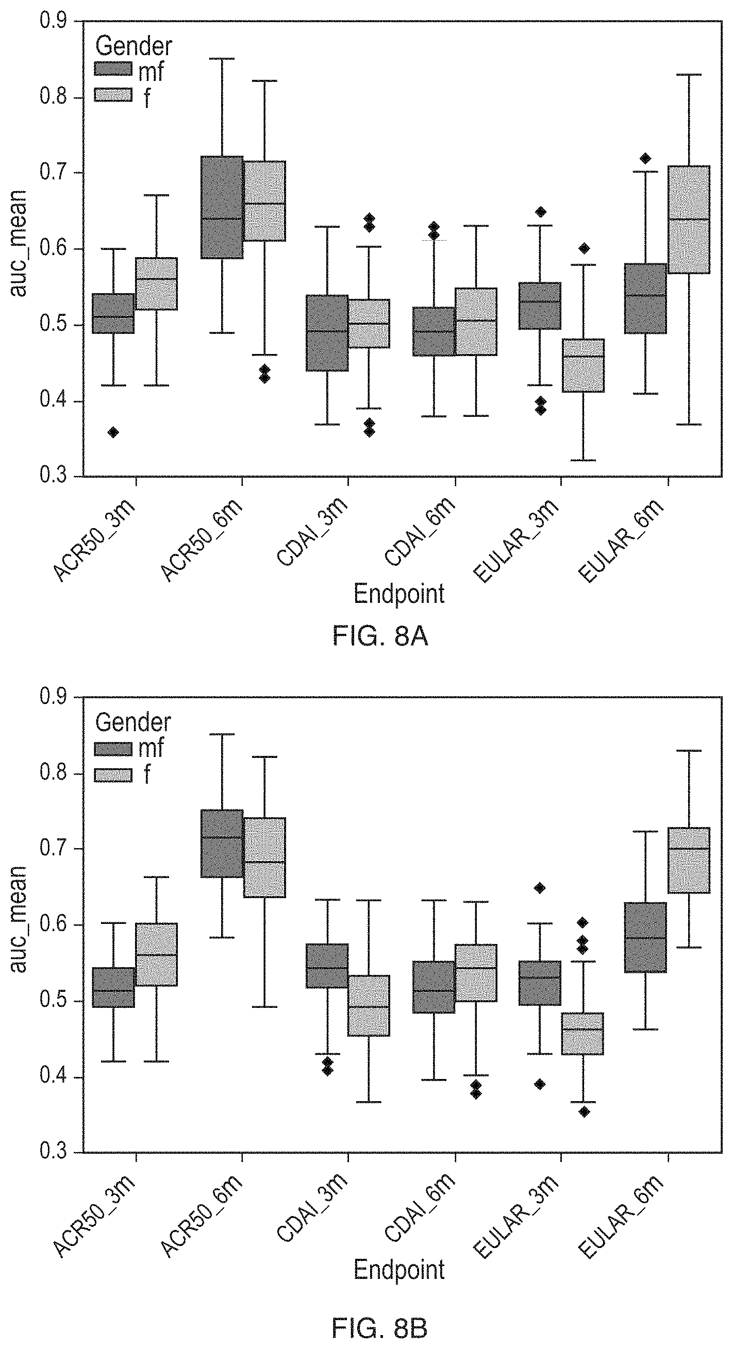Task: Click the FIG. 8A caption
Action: point(380,637)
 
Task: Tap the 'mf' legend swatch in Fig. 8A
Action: point(113,69)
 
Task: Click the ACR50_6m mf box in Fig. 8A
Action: point(222,207)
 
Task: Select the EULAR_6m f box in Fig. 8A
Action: point(689,220)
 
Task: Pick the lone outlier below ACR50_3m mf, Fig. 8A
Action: point(113,432)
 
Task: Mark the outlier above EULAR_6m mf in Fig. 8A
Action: point(645,158)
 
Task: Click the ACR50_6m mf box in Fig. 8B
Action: point(222,844)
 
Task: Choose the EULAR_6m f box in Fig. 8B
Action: point(689,860)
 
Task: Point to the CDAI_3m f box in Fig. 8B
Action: point(370,1005)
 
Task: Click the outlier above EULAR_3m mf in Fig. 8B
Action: point(540,888)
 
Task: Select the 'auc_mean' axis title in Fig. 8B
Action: point(18,920)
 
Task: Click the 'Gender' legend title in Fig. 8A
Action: point(134,46)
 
